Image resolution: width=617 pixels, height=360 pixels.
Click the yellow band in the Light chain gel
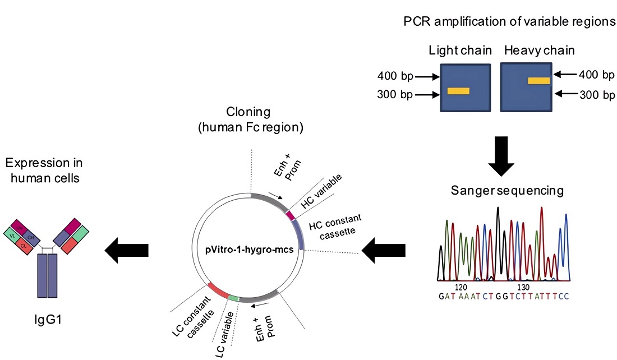[x=458, y=91]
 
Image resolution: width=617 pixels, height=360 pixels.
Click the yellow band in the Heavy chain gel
[x=538, y=81]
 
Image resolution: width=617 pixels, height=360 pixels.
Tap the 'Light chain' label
[x=460, y=50]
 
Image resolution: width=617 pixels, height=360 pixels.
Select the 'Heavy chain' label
[x=539, y=50]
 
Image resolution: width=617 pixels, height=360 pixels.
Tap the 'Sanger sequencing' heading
[x=507, y=191]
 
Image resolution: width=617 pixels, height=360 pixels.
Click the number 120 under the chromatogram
[x=461, y=286]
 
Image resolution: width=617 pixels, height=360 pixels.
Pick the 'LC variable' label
[x=223, y=337]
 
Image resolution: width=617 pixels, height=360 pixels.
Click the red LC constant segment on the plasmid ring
[x=217, y=290]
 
